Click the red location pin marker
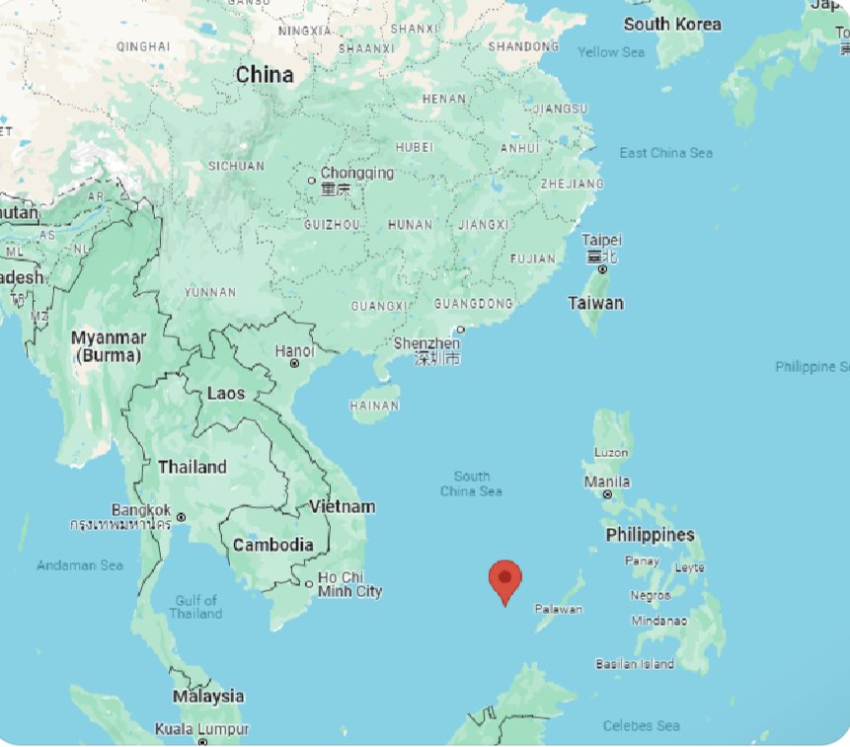point(505,579)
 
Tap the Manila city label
point(607,482)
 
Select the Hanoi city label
point(295,350)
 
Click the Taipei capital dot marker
point(601,269)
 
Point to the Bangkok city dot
point(181,516)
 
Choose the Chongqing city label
point(356,173)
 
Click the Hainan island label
point(374,406)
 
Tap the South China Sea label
point(471,484)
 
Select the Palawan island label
point(559,609)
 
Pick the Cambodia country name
point(272,545)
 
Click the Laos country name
point(226,393)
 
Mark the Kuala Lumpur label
point(201,729)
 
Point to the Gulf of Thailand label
point(195,606)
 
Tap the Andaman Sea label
point(80,565)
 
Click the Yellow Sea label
point(610,51)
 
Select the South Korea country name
point(672,24)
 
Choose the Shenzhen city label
point(426,343)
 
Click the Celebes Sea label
point(641,725)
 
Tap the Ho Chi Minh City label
point(349,584)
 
